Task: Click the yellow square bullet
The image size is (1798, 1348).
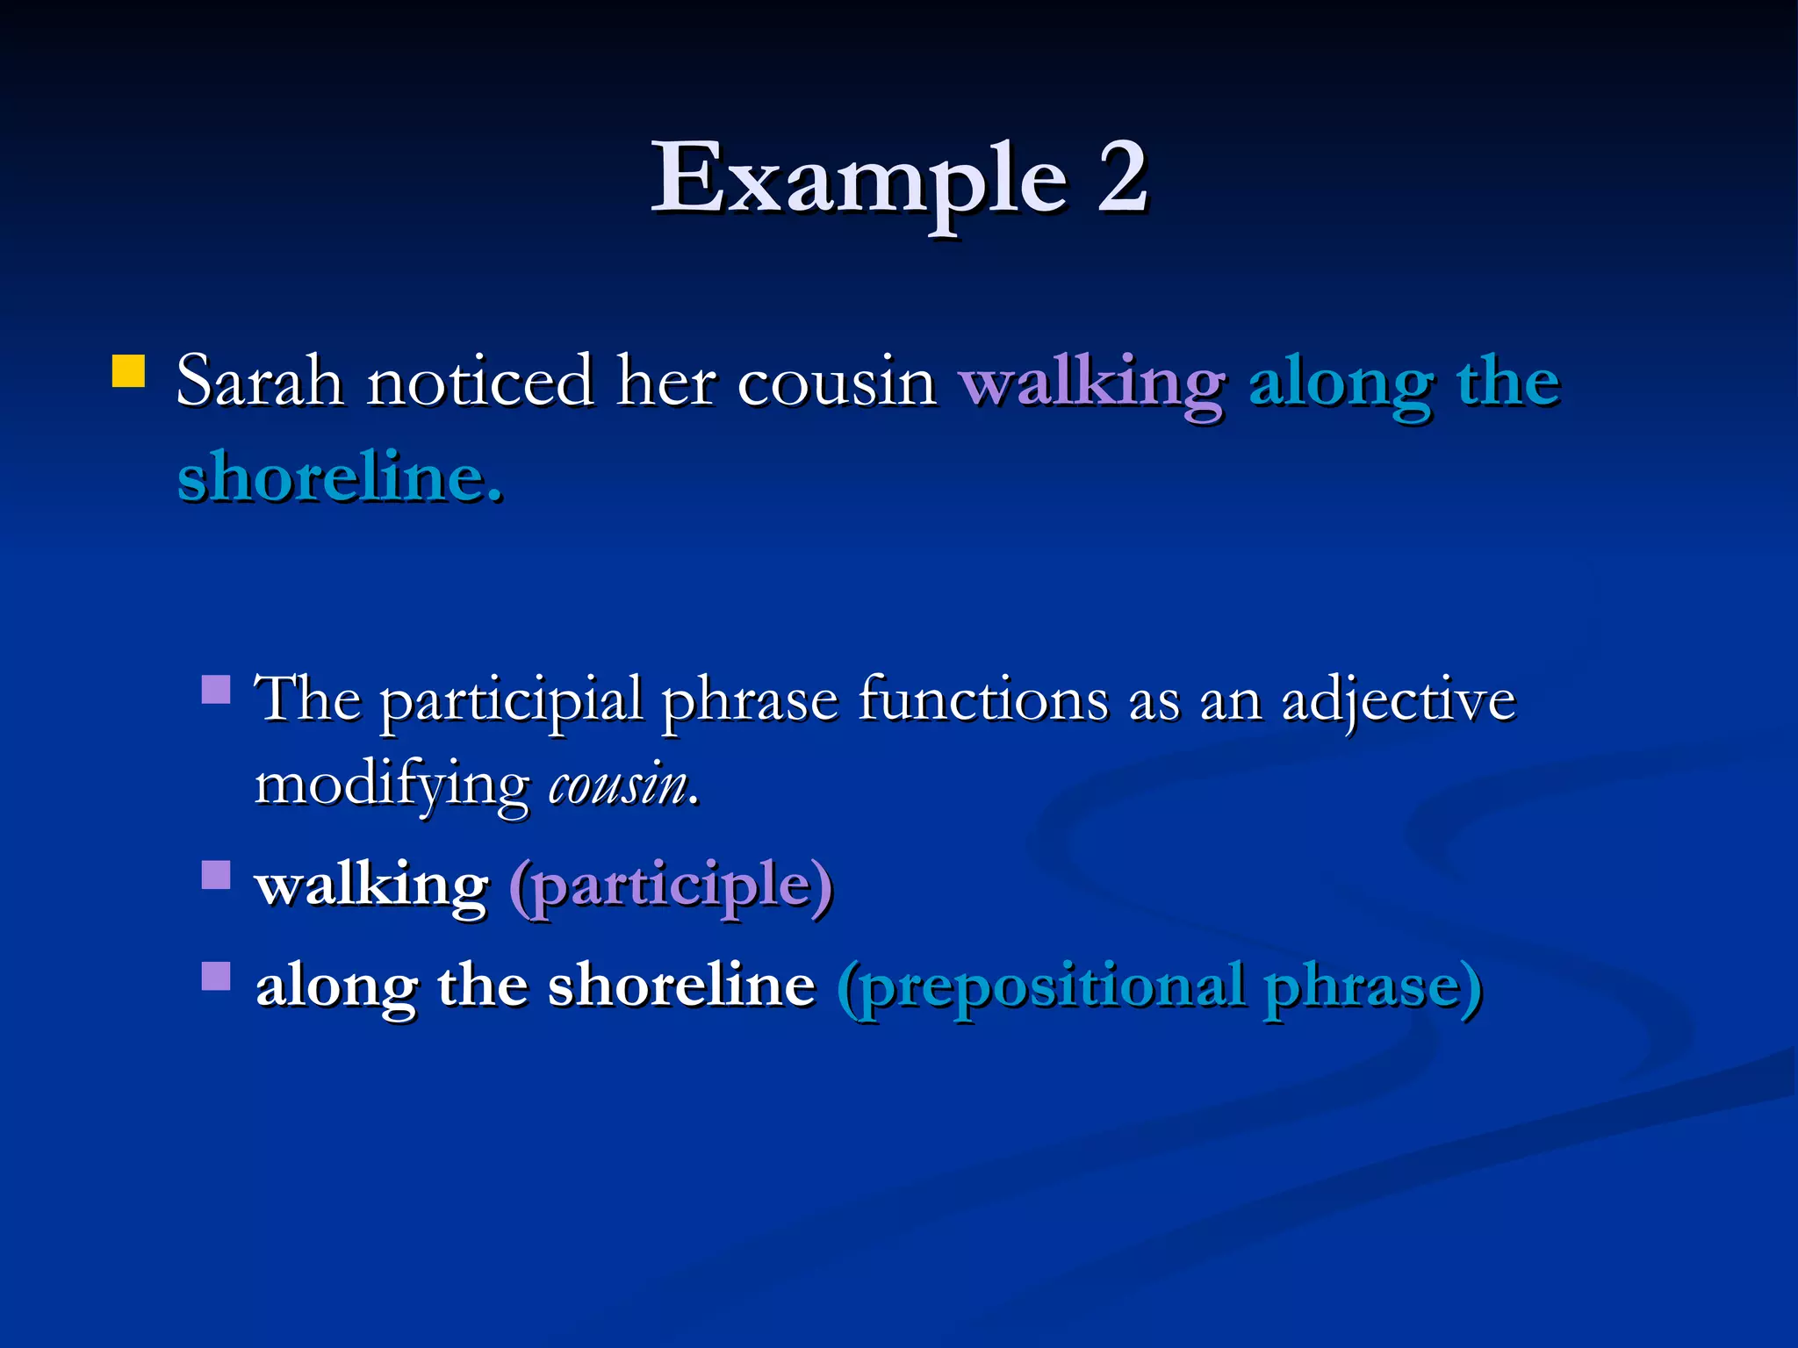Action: coord(128,371)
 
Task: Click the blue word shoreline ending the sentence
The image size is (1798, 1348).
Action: coord(340,478)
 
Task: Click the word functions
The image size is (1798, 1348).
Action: coord(984,700)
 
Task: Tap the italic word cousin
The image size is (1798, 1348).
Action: coord(618,785)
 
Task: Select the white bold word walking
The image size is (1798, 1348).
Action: coord(371,886)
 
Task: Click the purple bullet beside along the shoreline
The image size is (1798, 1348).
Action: coord(216,976)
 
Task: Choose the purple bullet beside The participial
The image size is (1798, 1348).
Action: coord(216,689)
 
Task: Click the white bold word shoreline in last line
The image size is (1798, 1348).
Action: coord(681,985)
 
